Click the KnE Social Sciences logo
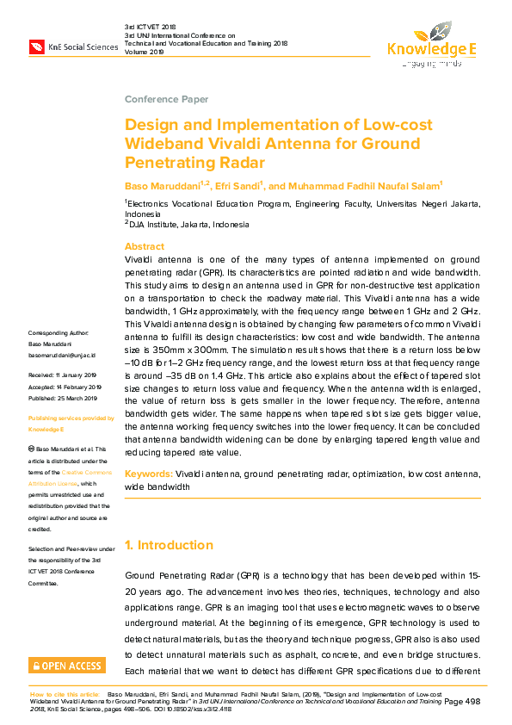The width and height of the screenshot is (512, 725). pos(73,46)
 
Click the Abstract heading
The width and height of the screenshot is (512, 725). pos(145,246)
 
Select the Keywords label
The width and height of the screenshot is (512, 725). pos(148,474)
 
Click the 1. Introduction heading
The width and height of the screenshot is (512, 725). pos(169,545)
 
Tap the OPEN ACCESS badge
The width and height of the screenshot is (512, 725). pos(68,666)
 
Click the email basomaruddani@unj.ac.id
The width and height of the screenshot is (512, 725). pos(62,355)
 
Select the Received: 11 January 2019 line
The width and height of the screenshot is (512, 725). pos(63,375)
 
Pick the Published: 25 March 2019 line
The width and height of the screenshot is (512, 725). pos(63,399)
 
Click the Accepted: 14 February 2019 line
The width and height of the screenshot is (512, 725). pos(65,387)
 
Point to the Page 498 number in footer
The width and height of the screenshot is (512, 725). pos(462,703)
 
